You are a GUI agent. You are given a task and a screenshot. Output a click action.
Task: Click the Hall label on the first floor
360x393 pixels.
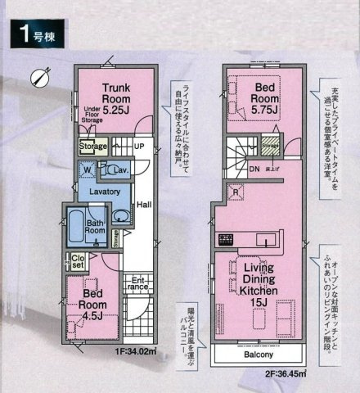[x=142, y=206]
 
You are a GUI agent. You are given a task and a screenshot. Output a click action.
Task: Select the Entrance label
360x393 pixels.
[x=138, y=283]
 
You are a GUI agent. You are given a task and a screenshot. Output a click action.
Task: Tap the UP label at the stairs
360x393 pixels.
[x=138, y=146]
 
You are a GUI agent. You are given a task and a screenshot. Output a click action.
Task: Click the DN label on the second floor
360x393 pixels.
[x=254, y=169]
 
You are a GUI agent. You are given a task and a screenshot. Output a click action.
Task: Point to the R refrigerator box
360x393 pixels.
[x=236, y=194]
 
